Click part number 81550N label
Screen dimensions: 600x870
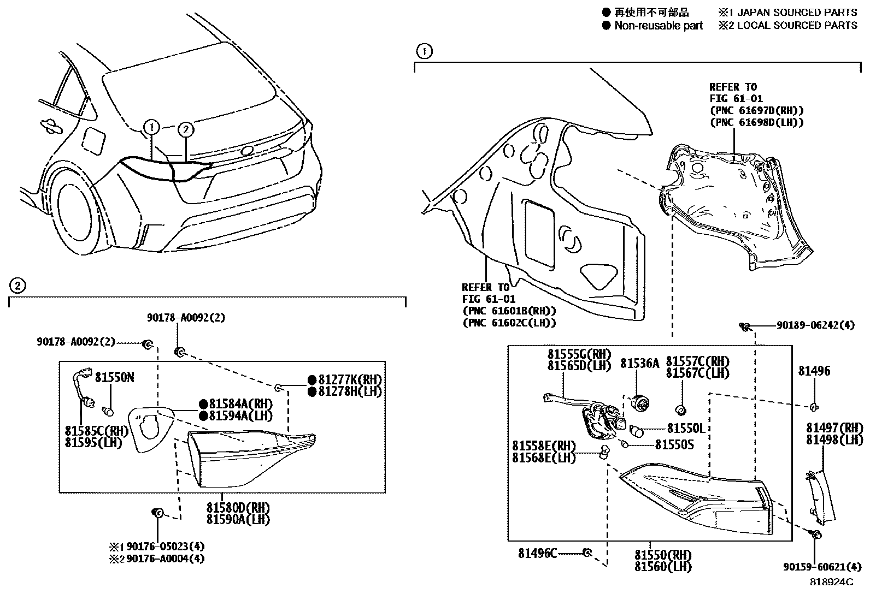[115, 377]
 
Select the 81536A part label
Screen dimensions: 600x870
[639, 363]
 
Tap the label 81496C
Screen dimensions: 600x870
[538, 554]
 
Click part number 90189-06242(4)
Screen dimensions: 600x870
[815, 326]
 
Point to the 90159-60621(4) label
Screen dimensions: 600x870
[818, 567]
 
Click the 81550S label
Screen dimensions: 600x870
[674, 445]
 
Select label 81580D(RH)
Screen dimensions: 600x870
[238, 508]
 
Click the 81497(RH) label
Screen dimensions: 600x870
[834, 427]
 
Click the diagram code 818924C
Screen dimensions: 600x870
[831, 583]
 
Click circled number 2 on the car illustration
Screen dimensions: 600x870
[186, 129]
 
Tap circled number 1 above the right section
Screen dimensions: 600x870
[424, 52]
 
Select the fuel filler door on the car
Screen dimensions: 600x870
[92, 140]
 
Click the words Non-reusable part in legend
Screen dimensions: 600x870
[658, 26]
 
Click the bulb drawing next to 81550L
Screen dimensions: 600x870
[637, 430]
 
